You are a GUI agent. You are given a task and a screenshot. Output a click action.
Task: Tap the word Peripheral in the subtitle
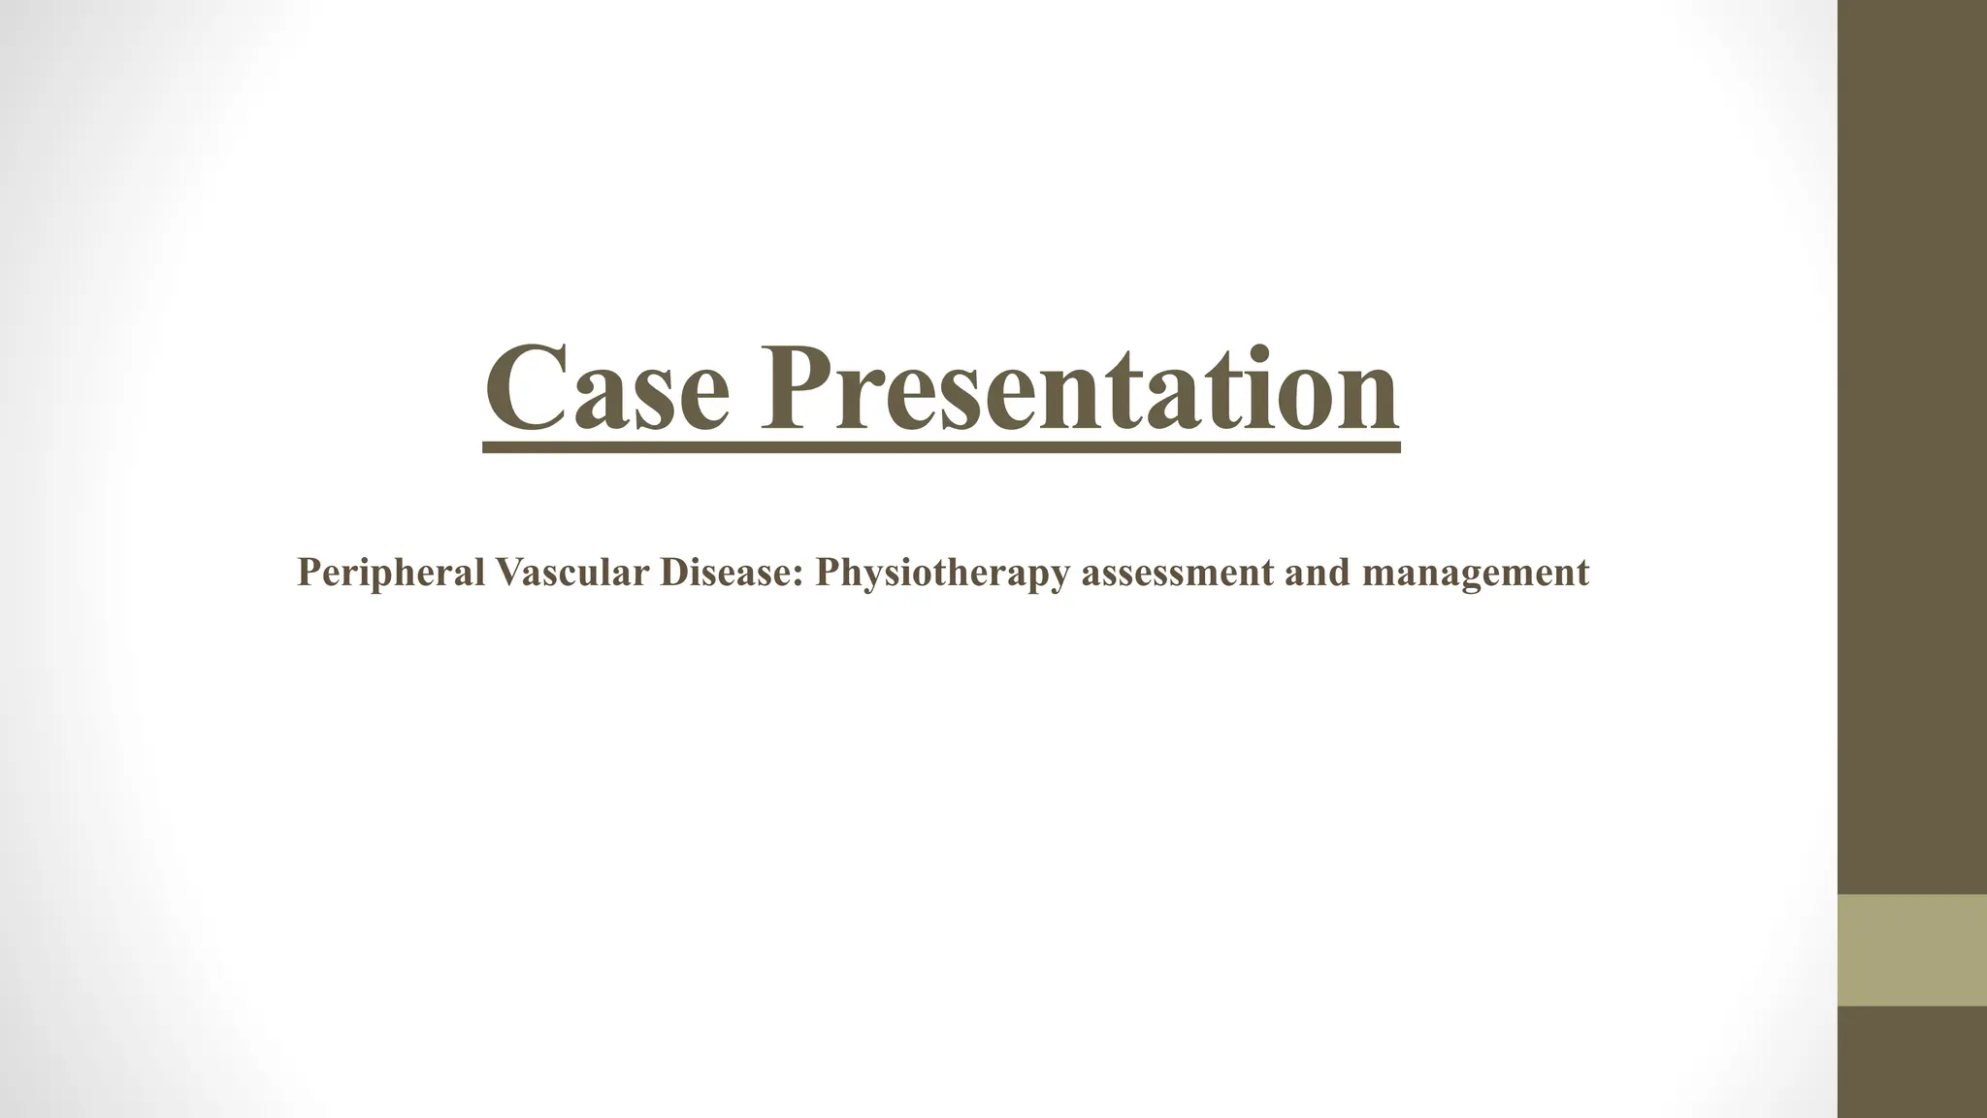pos(390,573)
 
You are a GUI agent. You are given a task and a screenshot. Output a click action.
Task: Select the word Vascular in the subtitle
pos(571,572)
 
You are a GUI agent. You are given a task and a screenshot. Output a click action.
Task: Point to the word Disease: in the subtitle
pos(733,572)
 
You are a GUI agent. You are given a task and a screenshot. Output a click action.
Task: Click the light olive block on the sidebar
pos(1912,950)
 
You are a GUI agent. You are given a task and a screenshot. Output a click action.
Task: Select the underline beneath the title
pos(941,447)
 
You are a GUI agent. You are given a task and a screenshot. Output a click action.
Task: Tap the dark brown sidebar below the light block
pos(1912,1062)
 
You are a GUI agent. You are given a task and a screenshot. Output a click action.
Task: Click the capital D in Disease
pos(672,572)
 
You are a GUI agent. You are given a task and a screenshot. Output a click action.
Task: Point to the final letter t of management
pos(1583,574)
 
